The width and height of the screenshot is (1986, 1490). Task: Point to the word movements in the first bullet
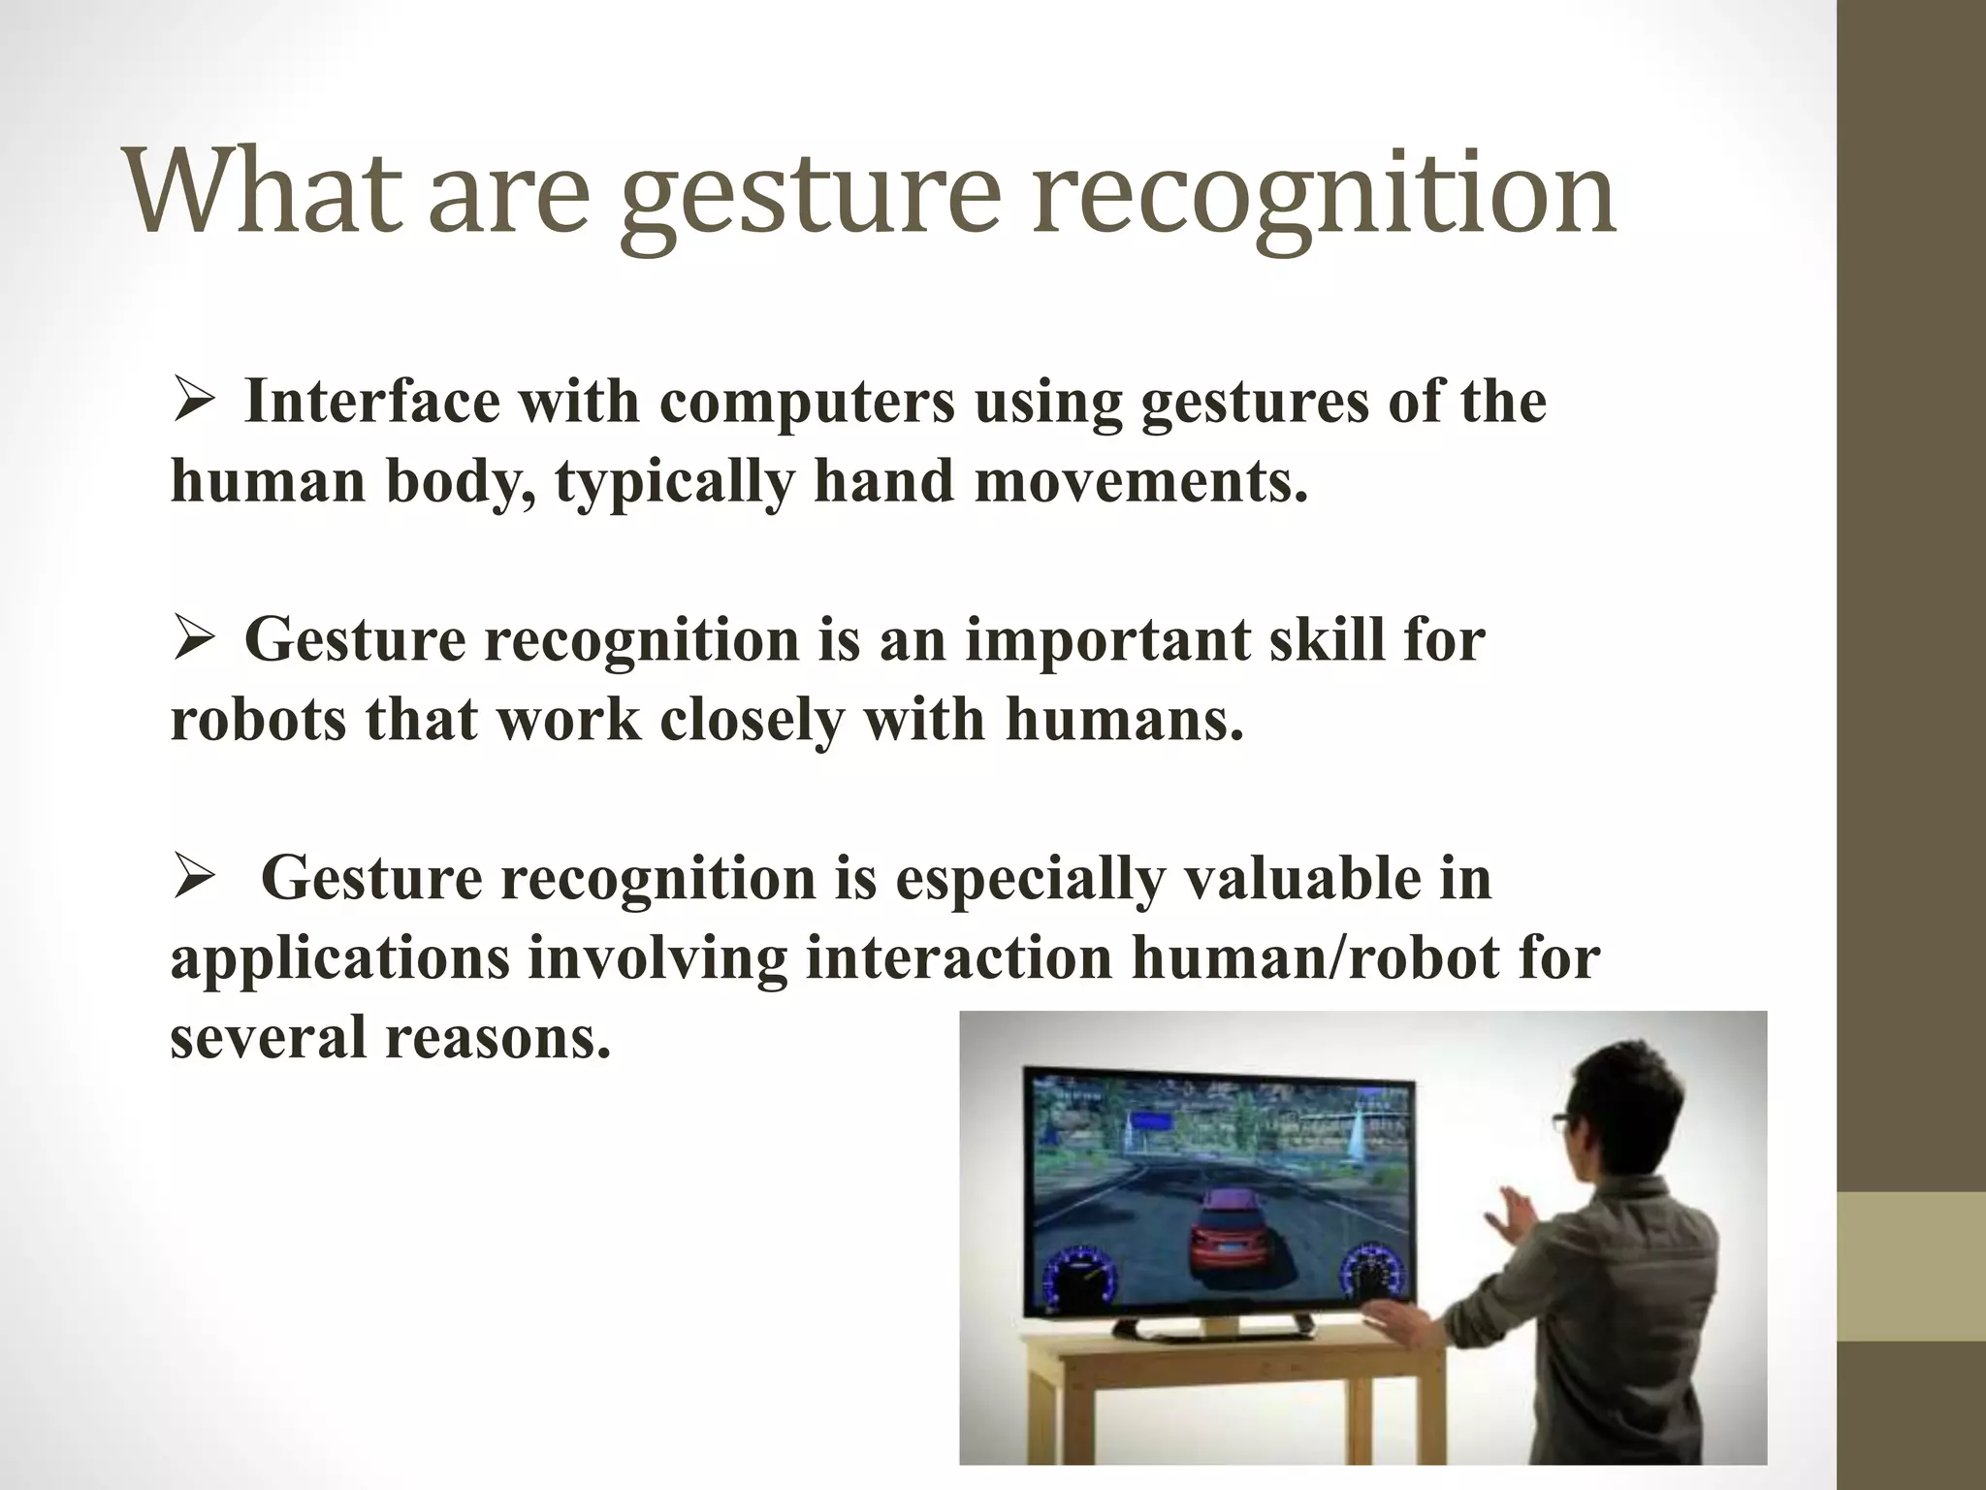pyautogui.click(x=1139, y=481)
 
